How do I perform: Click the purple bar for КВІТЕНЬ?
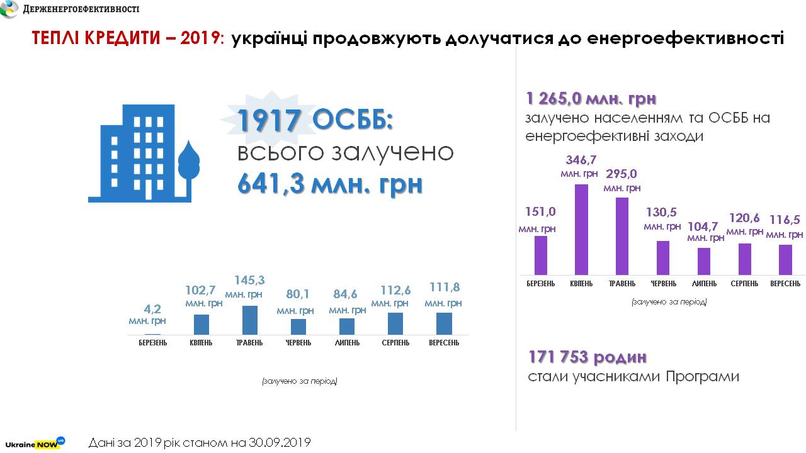(582, 229)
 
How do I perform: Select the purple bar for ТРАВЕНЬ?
(622, 236)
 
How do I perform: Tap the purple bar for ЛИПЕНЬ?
(703, 261)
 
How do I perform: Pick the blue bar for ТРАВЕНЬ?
(250, 320)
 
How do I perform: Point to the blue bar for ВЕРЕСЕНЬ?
(444, 323)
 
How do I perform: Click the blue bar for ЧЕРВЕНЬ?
(298, 327)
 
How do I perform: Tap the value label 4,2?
(152, 309)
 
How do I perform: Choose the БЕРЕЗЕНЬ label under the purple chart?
(541, 284)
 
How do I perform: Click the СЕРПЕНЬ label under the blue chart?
(395, 343)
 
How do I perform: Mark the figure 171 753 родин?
(587, 357)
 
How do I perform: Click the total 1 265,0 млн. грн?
(591, 99)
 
